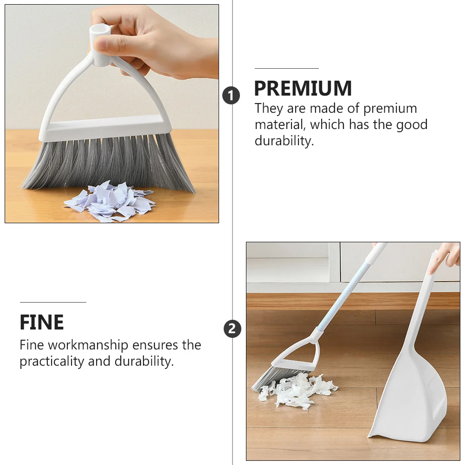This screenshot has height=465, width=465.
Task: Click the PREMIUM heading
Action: tap(303, 88)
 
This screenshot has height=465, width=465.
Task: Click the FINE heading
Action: tap(42, 323)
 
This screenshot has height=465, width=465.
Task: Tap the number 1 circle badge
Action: tap(231, 96)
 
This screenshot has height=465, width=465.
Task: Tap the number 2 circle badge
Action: tap(232, 329)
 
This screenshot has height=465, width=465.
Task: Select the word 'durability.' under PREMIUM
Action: tap(284, 141)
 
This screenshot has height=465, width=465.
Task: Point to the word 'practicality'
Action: tap(52, 362)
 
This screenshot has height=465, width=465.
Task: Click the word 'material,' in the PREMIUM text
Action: tap(280, 125)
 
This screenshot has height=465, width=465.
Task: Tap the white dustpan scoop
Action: tap(408, 399)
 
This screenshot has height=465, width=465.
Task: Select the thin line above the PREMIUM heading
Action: tap(286, 69)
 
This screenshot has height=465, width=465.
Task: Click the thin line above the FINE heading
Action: tap(53, 303)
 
